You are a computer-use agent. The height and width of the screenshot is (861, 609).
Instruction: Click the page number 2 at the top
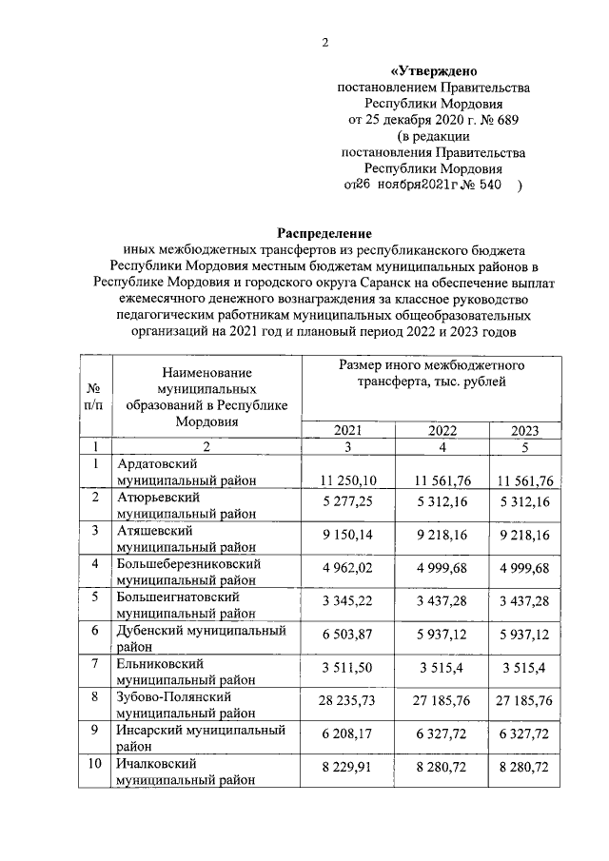pos(324,42)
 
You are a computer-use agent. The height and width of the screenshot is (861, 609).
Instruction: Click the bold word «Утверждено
pos(435,71)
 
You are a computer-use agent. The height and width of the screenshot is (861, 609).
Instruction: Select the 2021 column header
pos(348,429)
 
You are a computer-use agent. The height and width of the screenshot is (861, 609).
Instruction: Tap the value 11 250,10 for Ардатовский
pos(349,479)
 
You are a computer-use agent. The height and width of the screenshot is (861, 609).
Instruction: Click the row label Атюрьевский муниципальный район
pos(186,505)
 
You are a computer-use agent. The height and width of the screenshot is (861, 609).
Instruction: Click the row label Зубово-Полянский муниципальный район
pos(186,705)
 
